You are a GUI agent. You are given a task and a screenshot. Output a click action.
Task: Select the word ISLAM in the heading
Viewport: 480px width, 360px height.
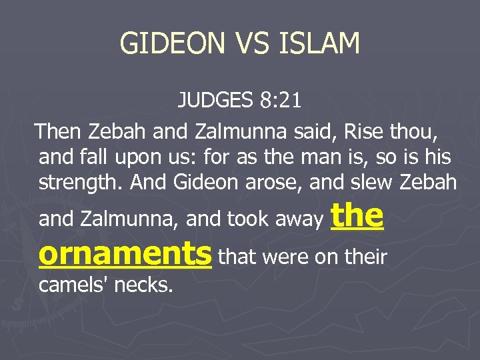[321, 44]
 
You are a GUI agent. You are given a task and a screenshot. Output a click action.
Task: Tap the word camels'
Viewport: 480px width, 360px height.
[73, 287]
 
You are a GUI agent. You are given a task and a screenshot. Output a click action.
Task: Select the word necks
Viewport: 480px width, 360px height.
[143, 287]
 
